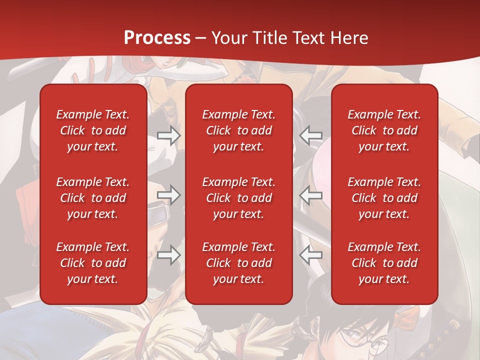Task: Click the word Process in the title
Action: tap(157, 38)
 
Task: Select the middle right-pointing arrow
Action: tap(168, 195)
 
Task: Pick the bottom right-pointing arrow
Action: tap(168, 255)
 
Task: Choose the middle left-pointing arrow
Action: tap(311, 195)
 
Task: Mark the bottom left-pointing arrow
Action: tap(311, 255)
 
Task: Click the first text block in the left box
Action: tap(93, 130)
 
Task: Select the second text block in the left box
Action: tap(93, 198)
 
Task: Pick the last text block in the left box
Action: tap(93, 263)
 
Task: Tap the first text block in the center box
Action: tap(238, 130)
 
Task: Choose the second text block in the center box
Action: tap(238, 198)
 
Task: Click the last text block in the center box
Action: tap(238, 263)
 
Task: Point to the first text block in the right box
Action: tap(384, 130)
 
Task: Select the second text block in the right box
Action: tap(384, 198)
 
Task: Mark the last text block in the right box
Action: tap(384, 263)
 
